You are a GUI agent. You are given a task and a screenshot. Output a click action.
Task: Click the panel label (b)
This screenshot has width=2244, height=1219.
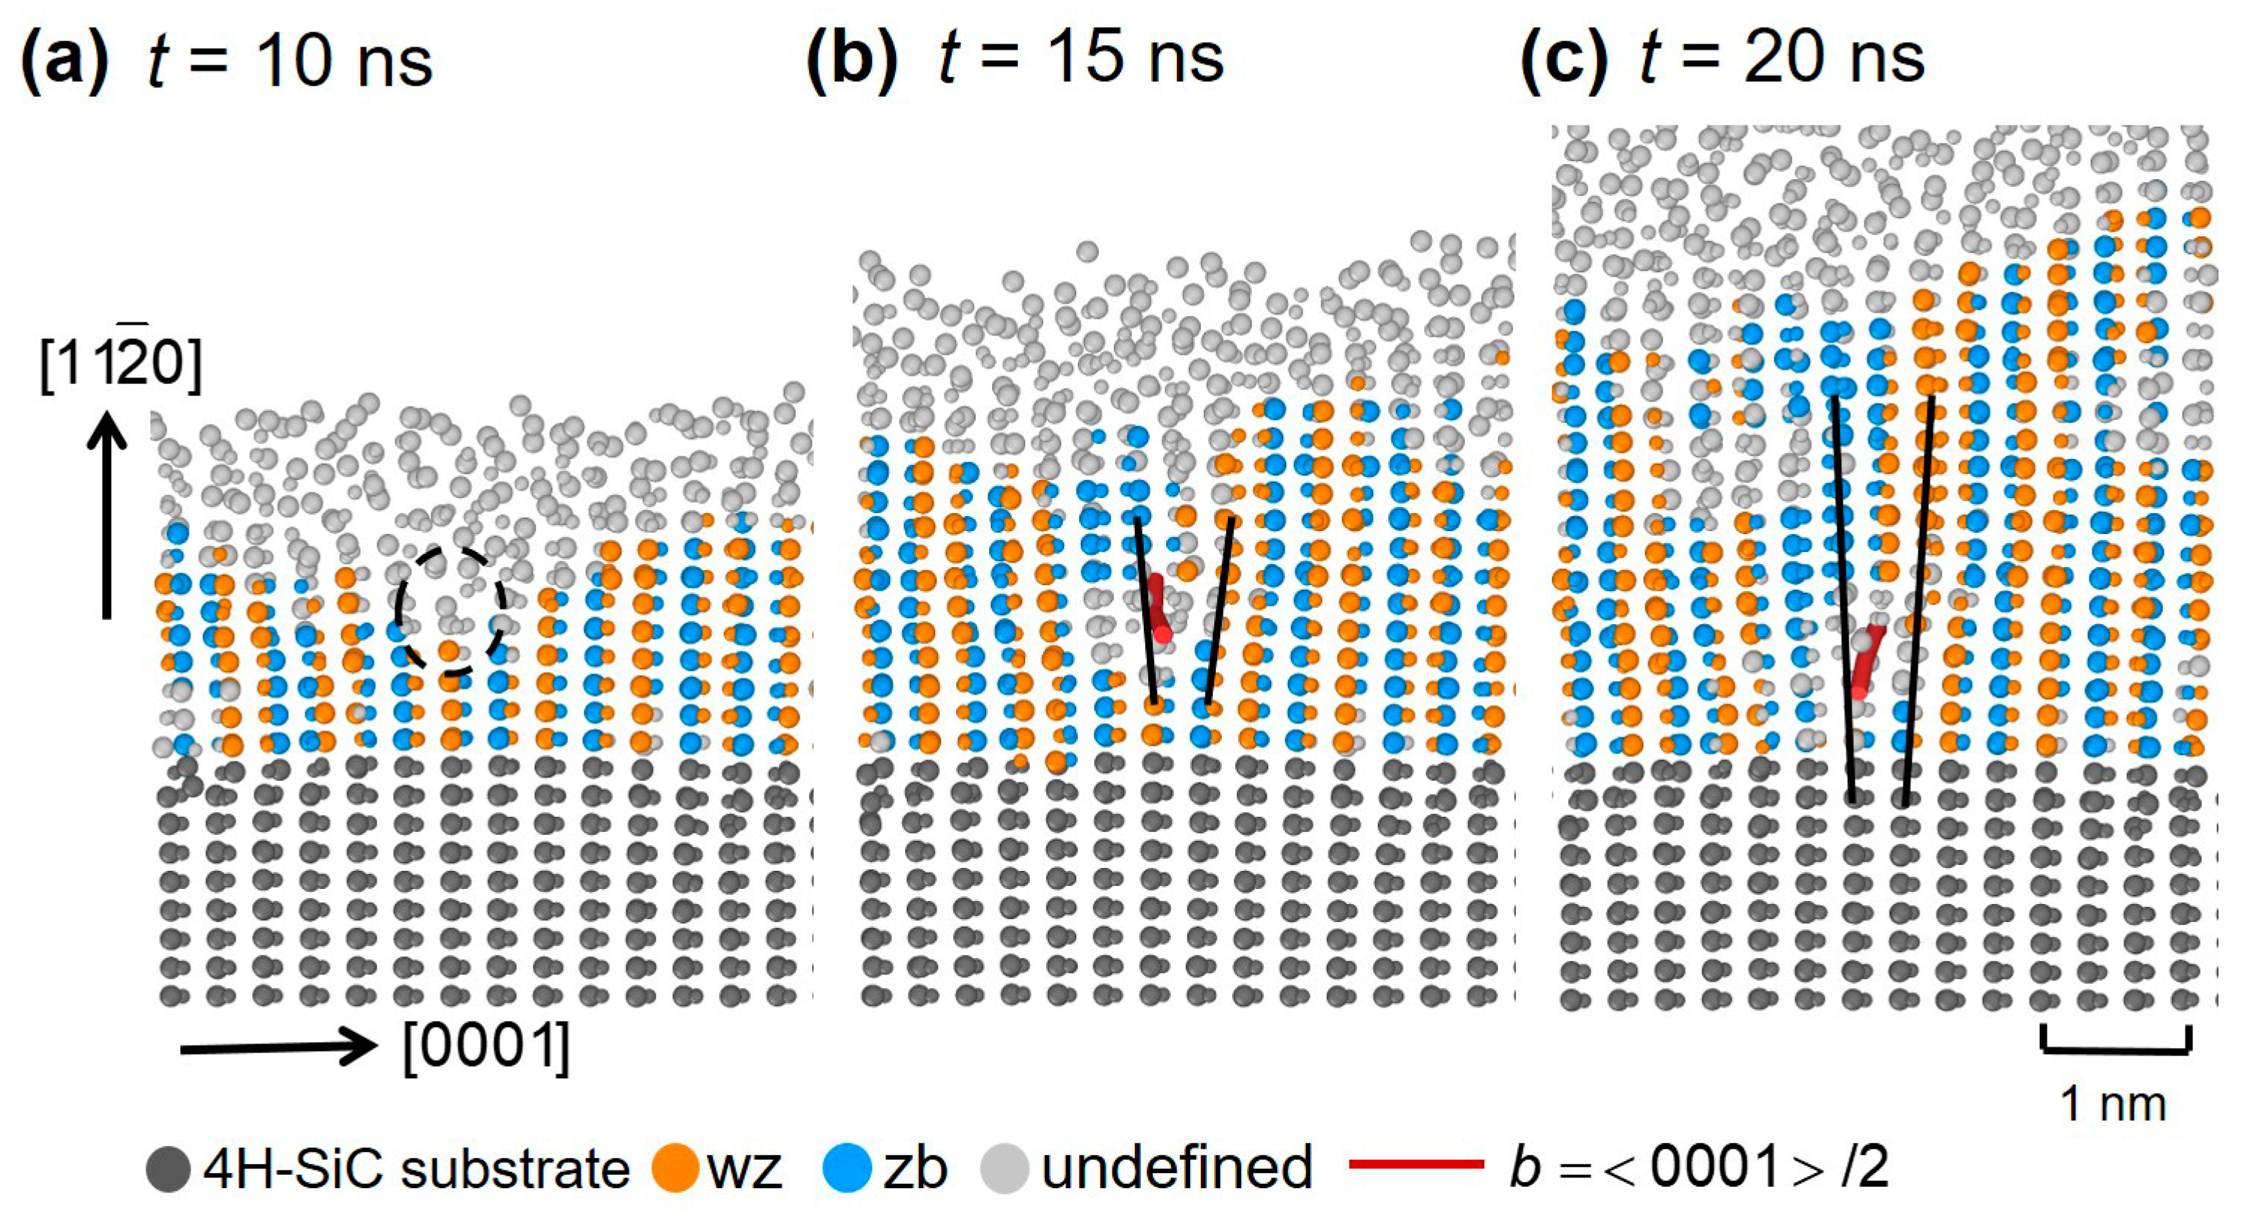pyautogui.click(x=851, y=59)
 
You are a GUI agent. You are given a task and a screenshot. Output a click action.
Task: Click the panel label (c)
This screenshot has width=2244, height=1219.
pyautogui.click(x=1564, y=59)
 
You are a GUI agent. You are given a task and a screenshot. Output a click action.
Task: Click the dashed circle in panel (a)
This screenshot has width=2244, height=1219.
pyautogui.click(x=450, y=611)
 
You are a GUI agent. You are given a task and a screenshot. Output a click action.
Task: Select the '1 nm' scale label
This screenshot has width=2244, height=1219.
pyautogui.click(x=2113, y=1105)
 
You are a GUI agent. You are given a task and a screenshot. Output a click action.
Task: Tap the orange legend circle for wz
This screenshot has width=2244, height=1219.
pyautogui.click(x=674, y=1167)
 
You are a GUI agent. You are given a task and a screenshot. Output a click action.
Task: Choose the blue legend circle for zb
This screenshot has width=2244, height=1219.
pyautogui.click(x=847, y=1167)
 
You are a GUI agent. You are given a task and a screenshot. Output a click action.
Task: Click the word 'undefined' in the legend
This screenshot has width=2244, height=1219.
pyautogui.click(x=1176, y=1167)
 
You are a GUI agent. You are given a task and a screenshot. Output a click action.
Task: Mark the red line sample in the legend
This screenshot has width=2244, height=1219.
pyautogui.click(x=1415, y=1164)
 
